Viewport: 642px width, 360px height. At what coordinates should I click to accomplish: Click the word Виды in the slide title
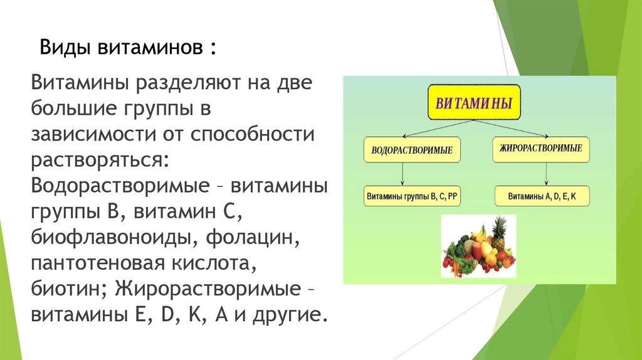[65, 48]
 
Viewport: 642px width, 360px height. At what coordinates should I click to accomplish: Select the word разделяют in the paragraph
[189, 83]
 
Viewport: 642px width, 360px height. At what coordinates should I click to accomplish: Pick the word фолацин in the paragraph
[253, 238]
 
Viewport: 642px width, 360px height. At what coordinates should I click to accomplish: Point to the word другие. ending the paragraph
[290, 315]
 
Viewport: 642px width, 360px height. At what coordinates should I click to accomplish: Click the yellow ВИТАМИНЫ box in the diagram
[474, 102]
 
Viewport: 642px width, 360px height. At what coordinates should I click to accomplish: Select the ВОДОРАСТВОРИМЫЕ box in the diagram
[412, 150]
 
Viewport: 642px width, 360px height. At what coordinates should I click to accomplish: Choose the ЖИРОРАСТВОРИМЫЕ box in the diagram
[541, 149]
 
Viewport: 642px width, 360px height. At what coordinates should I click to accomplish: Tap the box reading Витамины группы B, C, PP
[412, 196]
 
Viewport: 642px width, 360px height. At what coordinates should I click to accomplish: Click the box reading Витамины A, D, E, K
[542, 196]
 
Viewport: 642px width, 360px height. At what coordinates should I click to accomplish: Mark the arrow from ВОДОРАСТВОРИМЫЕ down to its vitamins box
[403, 174]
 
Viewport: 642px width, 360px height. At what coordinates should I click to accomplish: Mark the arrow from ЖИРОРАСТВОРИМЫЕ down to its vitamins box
[546, 174]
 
